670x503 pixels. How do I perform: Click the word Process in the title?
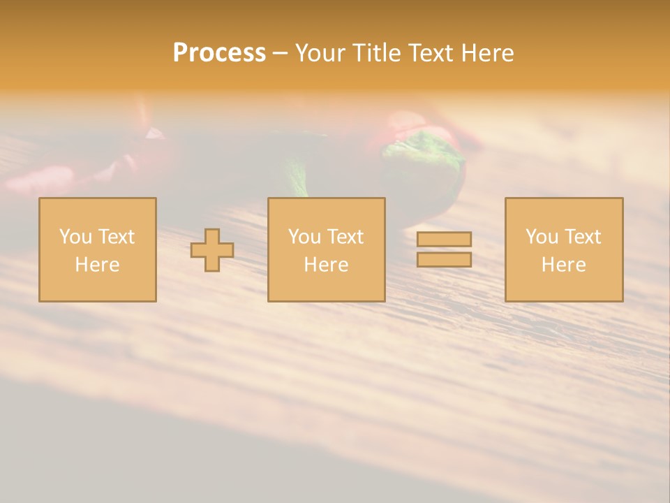pyautogui.click(x=219, y=53)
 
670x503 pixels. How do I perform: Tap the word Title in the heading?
pyautogui.click(x=375, y=53)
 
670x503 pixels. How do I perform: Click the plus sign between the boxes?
pyautogui.click(x=212, y=250)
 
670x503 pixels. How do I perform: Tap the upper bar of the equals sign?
pyautogui.click(x=444, y=239)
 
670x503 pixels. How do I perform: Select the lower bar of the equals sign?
pyautogui.click(x=444, y=259)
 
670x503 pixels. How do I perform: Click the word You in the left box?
pyautogui.click(x=75, y=237)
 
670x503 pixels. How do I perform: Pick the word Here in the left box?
pyautogui.click(x=97, y=265)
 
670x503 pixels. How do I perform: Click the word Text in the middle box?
pyautogui.click(x=345, y=237)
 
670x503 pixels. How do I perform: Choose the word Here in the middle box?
pyautogui.click(x=326, y=265)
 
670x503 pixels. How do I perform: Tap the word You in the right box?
pyautogui.click(x=542, y=237)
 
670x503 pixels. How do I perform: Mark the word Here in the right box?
pyautogui.click(x=563, y=265)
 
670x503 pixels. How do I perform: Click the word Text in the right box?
pyautogui.click(x=583, y=237)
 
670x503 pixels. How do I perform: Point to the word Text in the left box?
pyautogui.click(x=117, y=237)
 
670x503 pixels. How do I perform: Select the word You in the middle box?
pyautogui.click(x=304, y=237)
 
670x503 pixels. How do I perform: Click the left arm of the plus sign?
pyautogui.click(x=198, y=250)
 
